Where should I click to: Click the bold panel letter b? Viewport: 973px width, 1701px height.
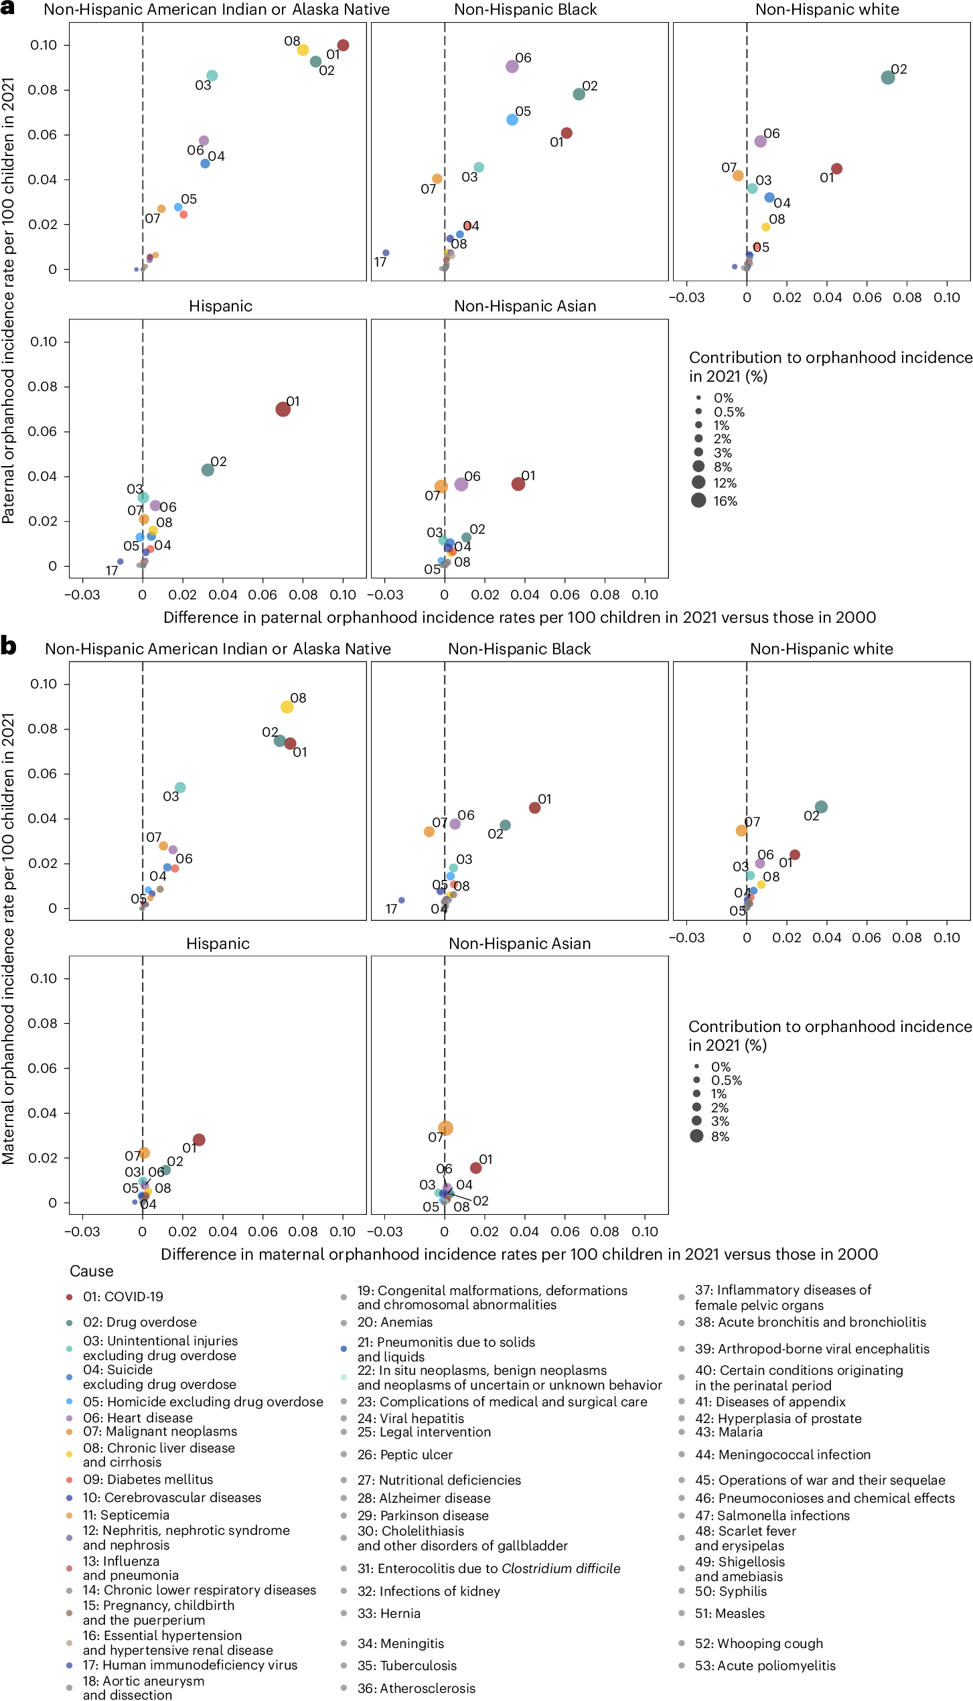coord(8,646)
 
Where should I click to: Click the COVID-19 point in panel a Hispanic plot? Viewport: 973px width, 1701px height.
coord(283,409)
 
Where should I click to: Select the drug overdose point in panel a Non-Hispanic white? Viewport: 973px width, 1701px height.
coord(887,78)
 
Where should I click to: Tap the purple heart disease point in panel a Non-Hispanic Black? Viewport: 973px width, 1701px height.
coord(512,66)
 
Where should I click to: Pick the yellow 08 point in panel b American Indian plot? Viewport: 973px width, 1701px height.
coord(287,707)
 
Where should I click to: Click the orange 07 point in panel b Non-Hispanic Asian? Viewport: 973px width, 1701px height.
coord(445,1128)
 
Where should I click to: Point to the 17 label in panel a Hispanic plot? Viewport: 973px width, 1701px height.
coord(112,571)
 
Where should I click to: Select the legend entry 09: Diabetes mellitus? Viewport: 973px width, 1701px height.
coord(147,1479)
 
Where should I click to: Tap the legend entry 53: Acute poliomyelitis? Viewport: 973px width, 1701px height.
coord(765,1666)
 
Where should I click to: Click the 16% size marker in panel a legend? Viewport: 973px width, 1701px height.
coord(698,500)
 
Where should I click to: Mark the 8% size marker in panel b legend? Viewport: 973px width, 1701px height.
coord(696,1136)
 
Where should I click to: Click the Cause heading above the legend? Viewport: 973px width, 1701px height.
coord(91,1271)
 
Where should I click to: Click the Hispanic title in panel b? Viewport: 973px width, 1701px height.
coord(218,944)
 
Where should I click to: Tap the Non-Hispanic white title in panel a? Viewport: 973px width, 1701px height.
coord(826,9)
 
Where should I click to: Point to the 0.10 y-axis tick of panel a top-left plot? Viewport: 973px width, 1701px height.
coord(44,45)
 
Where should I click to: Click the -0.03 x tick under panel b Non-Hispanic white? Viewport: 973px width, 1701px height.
coord(686,938)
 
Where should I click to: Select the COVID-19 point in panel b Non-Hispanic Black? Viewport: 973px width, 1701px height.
coord(534,808)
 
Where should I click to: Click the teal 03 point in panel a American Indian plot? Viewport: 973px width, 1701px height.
coord(212,76)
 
